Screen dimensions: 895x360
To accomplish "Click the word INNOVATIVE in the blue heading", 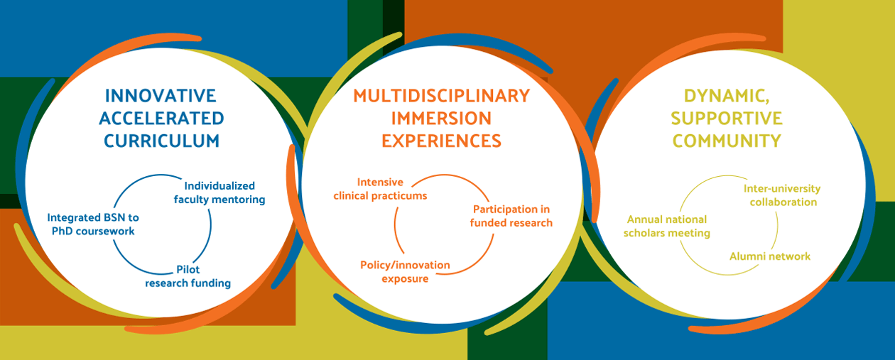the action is (161, 96).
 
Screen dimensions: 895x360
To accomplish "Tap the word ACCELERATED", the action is (161, 119).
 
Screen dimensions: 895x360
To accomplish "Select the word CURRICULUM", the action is (161, 141).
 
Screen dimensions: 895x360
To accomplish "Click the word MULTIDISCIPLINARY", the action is (442, 96).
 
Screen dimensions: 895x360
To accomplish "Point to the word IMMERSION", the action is (441, 119).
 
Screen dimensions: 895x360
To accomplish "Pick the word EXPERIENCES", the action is (441, 141).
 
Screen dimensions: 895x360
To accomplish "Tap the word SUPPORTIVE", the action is (727, 119).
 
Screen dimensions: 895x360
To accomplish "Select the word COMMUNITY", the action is (727, 141).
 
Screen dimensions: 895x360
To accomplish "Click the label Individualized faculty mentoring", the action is (219, 192).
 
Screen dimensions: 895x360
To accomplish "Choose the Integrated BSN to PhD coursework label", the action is (93, 224).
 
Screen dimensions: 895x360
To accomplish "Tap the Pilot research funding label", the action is (188, 276).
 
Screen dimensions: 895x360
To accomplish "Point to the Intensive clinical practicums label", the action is (380, 189).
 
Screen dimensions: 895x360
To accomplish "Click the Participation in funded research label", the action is (511, 216).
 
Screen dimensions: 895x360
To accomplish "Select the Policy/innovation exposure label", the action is (405, 272).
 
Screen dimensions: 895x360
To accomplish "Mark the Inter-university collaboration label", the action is (782, 195).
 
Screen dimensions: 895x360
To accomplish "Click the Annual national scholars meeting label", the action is (666, 226).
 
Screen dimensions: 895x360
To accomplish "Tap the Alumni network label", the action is (770, 256).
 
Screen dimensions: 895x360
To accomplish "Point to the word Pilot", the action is (188, 269).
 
